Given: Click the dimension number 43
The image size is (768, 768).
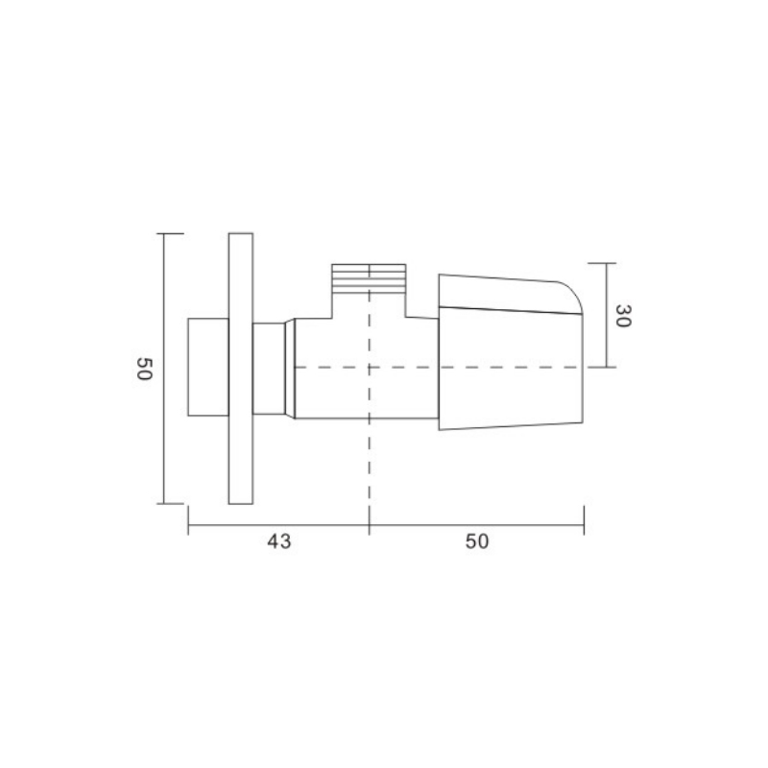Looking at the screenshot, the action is tap(279, 541).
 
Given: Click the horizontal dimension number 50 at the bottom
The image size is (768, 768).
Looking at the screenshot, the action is tap(477, 541).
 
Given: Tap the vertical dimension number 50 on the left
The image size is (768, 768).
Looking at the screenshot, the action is tap(145, 369).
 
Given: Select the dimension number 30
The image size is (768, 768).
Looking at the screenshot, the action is tap(623, 316).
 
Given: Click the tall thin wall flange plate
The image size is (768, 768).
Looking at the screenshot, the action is tap(241, 369).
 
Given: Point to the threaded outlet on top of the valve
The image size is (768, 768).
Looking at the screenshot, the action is tap(369, 278).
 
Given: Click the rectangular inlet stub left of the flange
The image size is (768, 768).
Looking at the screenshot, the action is tap(208, 367).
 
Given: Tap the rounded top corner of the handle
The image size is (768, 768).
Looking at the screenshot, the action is tap(574, 292).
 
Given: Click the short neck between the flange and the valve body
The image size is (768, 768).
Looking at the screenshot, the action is tap(269, 369).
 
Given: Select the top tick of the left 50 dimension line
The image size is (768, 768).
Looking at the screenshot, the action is tap(170, 233).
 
